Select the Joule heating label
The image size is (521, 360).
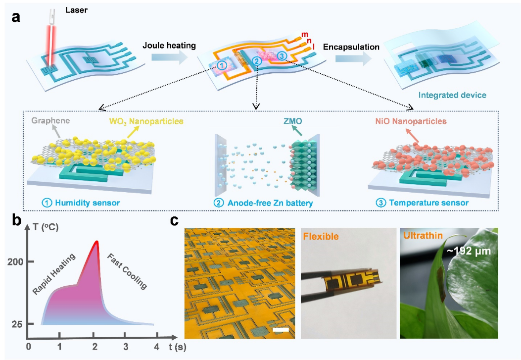[x=169, y=46]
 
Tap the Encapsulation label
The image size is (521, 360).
[x=351, y=47]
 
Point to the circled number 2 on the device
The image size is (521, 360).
[x=256, y=61]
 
